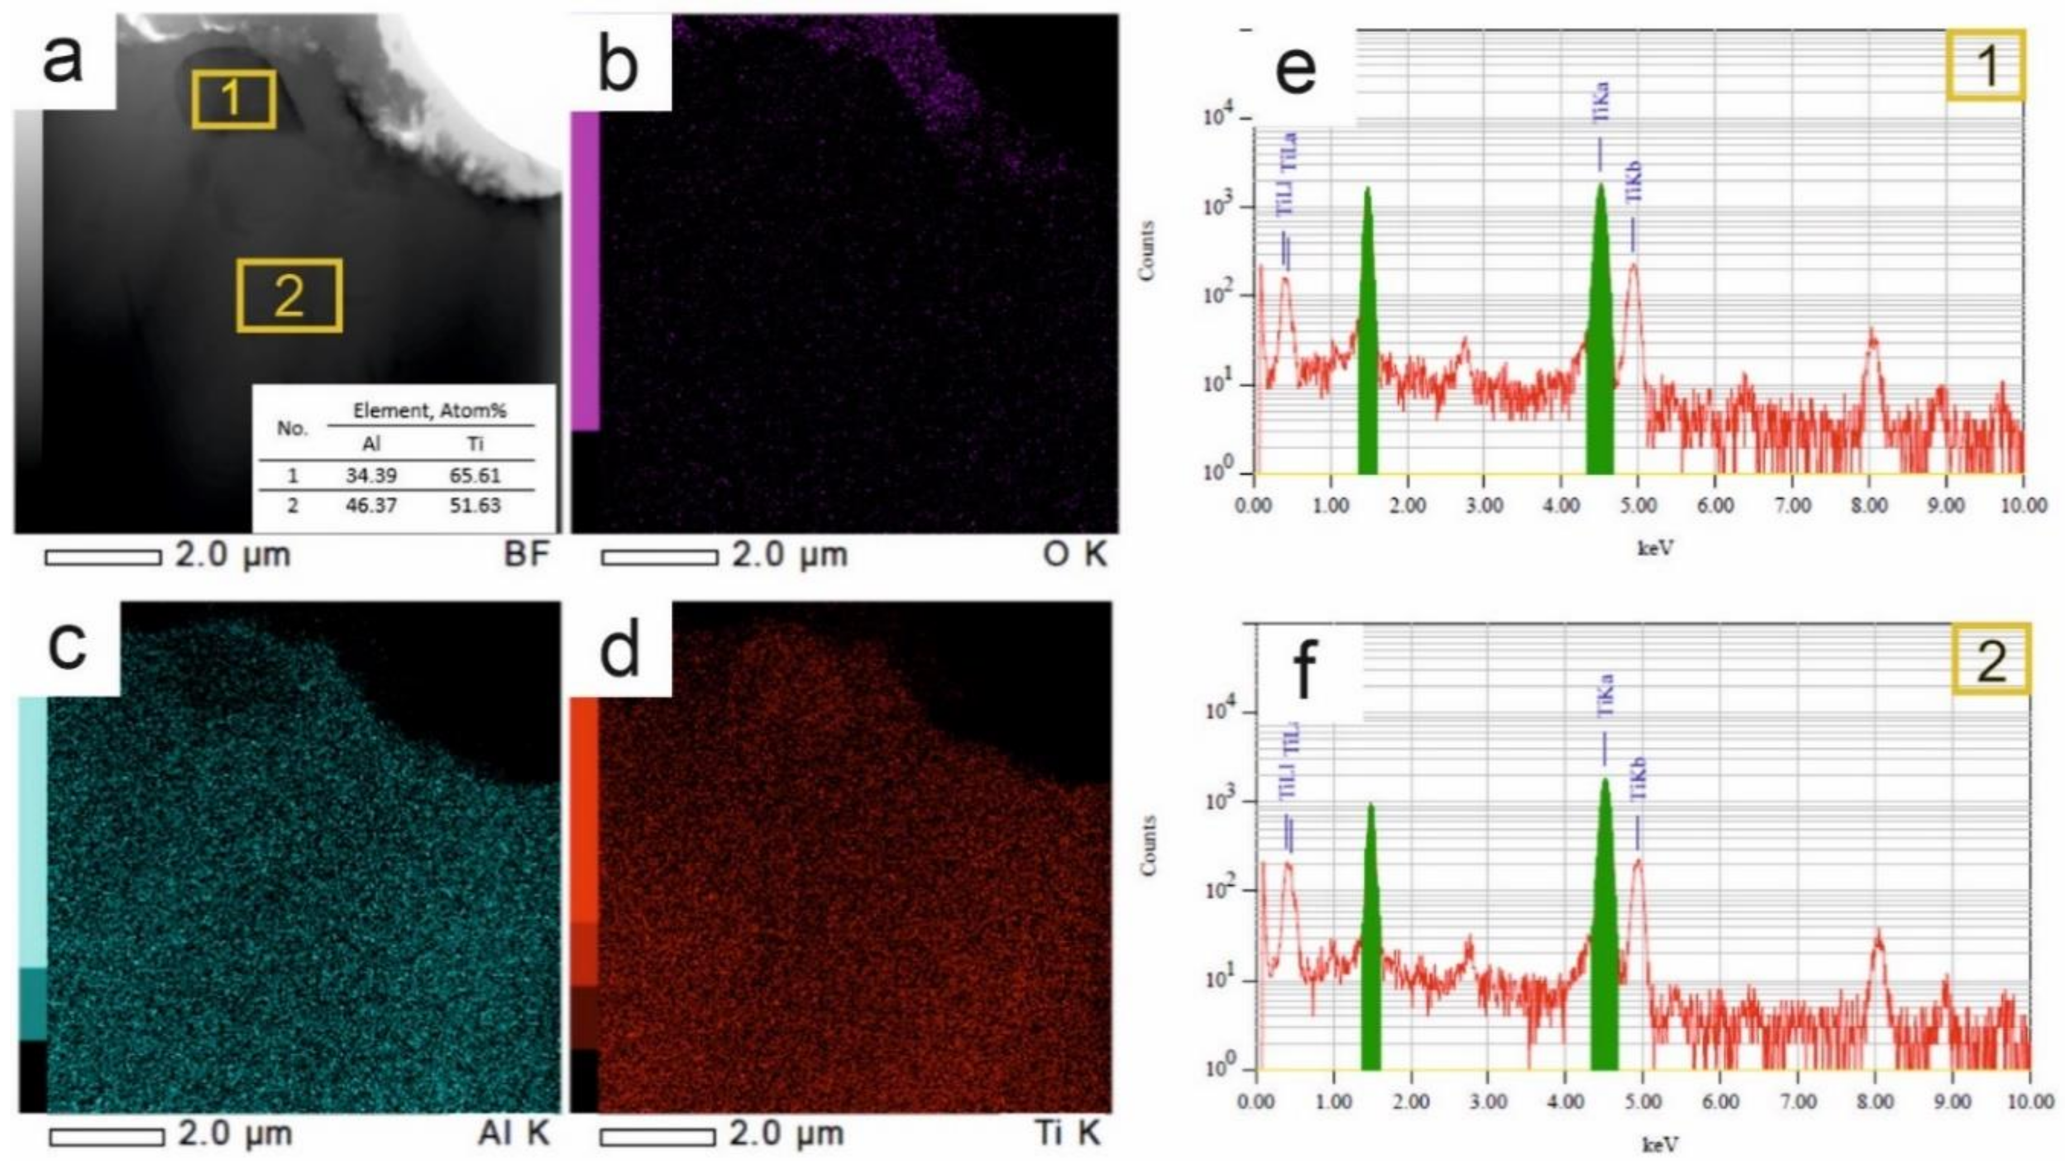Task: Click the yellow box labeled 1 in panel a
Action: (233, 99)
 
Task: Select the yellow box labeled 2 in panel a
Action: (289, 295)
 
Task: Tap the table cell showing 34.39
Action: (371, 475)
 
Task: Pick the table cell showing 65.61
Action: (475, 475)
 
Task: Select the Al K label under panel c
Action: (513, 1133)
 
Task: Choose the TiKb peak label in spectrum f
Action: (1638, 778)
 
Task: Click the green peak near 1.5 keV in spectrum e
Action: (1368, 337)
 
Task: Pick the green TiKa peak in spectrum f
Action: (1605, 930)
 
